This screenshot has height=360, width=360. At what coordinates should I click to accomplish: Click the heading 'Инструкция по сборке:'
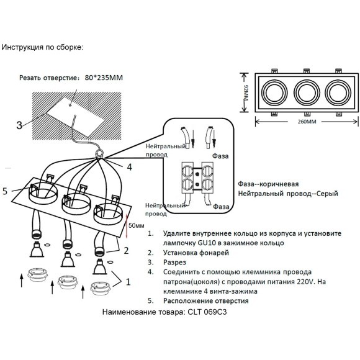(x=43, y=47)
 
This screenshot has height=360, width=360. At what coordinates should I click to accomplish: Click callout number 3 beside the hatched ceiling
(x=19, y=125)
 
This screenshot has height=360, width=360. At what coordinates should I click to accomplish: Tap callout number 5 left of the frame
(x=5, y=191)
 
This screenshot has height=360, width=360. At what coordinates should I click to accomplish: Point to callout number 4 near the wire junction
(x=129, y=167)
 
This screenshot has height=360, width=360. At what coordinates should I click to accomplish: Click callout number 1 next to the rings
(x=128, y=281)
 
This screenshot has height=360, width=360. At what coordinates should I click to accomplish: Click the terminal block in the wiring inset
(x=197, y=179)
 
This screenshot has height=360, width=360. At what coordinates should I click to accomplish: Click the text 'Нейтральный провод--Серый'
(x=287, y=194)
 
